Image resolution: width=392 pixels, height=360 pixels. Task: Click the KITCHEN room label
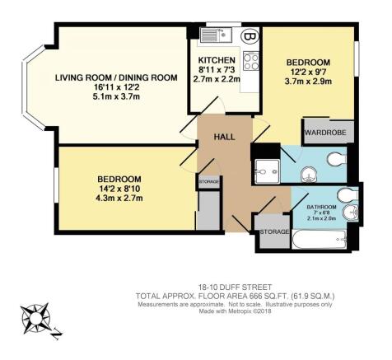(217, 62)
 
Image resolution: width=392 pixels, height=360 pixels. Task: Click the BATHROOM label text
(321, 207)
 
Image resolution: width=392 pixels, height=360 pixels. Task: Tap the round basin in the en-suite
(307, 174)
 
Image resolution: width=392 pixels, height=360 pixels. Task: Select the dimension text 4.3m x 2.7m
(119, 199)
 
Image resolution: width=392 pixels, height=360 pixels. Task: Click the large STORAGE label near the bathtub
(273, 232)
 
